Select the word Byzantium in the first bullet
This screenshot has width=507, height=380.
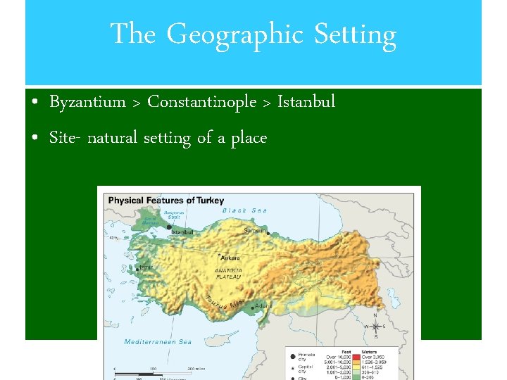point(87,103)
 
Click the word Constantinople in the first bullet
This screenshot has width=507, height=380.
point(201,103)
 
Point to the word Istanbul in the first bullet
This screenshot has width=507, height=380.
point(306,103)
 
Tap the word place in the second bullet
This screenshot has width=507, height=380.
point(248,139)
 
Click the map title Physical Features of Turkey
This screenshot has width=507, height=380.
point(165,201)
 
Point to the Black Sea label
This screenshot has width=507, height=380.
point(244,210)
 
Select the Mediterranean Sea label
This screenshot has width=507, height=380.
point(158,342)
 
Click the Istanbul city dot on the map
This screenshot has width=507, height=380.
point(169,227)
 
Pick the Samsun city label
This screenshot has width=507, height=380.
point(254,229)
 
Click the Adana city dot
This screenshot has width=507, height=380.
point(253,308)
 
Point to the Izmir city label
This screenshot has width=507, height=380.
point(146,267)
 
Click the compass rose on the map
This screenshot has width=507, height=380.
point(376,326)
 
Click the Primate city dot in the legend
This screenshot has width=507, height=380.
point(292,357)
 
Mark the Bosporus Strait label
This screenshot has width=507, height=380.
point(173,214)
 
